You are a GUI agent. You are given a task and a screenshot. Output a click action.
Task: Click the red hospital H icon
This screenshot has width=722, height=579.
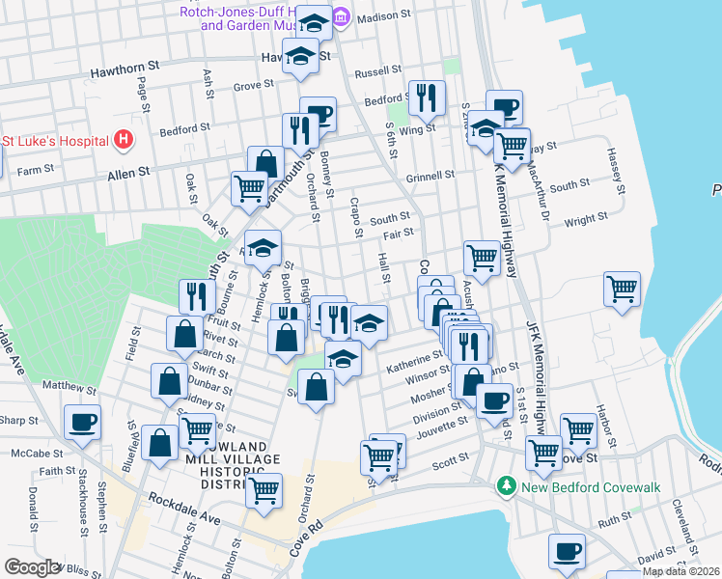click(123, 140)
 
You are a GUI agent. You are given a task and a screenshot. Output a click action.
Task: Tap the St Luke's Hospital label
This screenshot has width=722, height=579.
click(54, 141)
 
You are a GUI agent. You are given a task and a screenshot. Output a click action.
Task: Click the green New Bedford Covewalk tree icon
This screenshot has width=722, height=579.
click(503, 486)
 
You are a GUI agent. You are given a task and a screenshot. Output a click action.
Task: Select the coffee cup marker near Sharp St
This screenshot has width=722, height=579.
click(82, 422)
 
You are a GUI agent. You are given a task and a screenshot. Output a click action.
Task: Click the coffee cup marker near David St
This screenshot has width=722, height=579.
click(567, 551)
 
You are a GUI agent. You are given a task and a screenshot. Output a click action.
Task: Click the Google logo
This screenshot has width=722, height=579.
click(31, 567)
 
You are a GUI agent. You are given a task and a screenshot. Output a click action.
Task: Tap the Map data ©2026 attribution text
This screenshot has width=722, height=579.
click(680, 571)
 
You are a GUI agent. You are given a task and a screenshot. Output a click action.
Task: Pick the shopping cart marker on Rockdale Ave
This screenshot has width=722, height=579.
click(264, 489)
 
